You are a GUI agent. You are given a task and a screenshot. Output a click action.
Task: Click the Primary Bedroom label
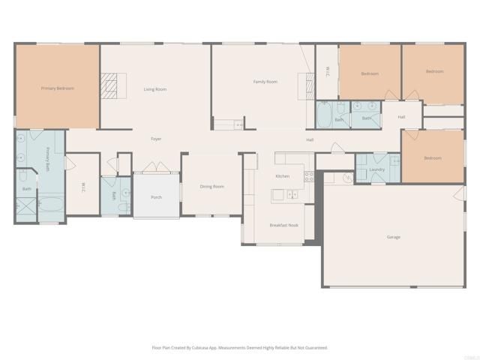tap(57, 88)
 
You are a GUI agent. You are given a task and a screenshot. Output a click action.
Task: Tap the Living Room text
tap(155, 89)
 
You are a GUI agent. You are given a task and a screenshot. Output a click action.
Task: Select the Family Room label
tap(265, 81)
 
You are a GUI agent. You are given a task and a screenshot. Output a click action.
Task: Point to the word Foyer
tap(156, 139)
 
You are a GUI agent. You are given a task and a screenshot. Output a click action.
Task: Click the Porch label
tap(156, 197)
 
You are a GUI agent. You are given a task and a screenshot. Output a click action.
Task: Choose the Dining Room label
tap(211, 187)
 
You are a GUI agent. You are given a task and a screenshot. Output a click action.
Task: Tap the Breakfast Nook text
tap(284, 225)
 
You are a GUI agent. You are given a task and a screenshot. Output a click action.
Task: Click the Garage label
tap(394, 237)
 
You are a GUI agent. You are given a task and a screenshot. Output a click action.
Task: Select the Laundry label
tap(377, 169)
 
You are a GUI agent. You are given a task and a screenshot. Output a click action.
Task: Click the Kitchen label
tap(282, 176)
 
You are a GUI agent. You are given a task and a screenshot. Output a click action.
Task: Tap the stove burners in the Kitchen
tap(308, 177)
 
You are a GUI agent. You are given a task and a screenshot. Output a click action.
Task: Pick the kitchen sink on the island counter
tap(291, 195)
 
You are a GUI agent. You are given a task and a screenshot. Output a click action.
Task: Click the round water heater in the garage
tap(347, 178)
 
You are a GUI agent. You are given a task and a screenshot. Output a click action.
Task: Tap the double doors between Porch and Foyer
tap(154, 169)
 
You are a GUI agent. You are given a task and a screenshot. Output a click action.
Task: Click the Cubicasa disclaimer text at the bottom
tap(239, 347)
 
